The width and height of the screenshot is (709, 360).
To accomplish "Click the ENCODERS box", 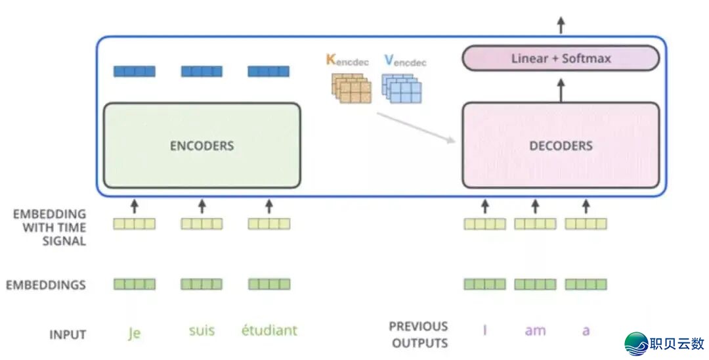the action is click(202, 145).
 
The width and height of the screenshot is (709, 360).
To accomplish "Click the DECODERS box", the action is click(561, 145).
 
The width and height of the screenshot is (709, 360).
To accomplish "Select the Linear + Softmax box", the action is click(561, 58).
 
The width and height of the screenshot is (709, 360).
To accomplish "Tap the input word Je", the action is click(134, 333).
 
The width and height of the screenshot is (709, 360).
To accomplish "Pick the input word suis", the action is click(202, 330).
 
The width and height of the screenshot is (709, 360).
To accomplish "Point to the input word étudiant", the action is click(269, 330).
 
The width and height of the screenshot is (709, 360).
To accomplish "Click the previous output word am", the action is click(536, 331).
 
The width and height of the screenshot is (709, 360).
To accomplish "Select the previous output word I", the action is click(484, 330).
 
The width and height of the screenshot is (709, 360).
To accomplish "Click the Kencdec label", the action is click(347, 60).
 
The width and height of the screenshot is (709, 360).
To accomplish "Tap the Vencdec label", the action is click(405, 60).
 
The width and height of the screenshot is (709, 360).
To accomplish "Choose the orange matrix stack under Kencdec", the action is click(351, 88).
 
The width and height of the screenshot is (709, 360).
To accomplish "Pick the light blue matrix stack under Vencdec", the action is click(402, 88).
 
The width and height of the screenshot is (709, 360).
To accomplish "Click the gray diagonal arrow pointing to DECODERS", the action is click(416, 127).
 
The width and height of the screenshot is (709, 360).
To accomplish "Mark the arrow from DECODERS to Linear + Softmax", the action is click(561, 91).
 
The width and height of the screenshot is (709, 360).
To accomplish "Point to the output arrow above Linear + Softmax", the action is click(561, 26).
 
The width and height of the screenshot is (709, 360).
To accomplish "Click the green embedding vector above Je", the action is click(135, 284).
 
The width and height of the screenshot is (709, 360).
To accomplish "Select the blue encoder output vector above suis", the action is click(202, 71).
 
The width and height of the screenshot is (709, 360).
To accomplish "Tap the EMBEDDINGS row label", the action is click(46, 285).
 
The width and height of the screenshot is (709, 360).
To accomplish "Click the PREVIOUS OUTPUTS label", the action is click(419, 334).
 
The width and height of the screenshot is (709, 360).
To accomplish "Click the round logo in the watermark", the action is click(636, 344).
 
